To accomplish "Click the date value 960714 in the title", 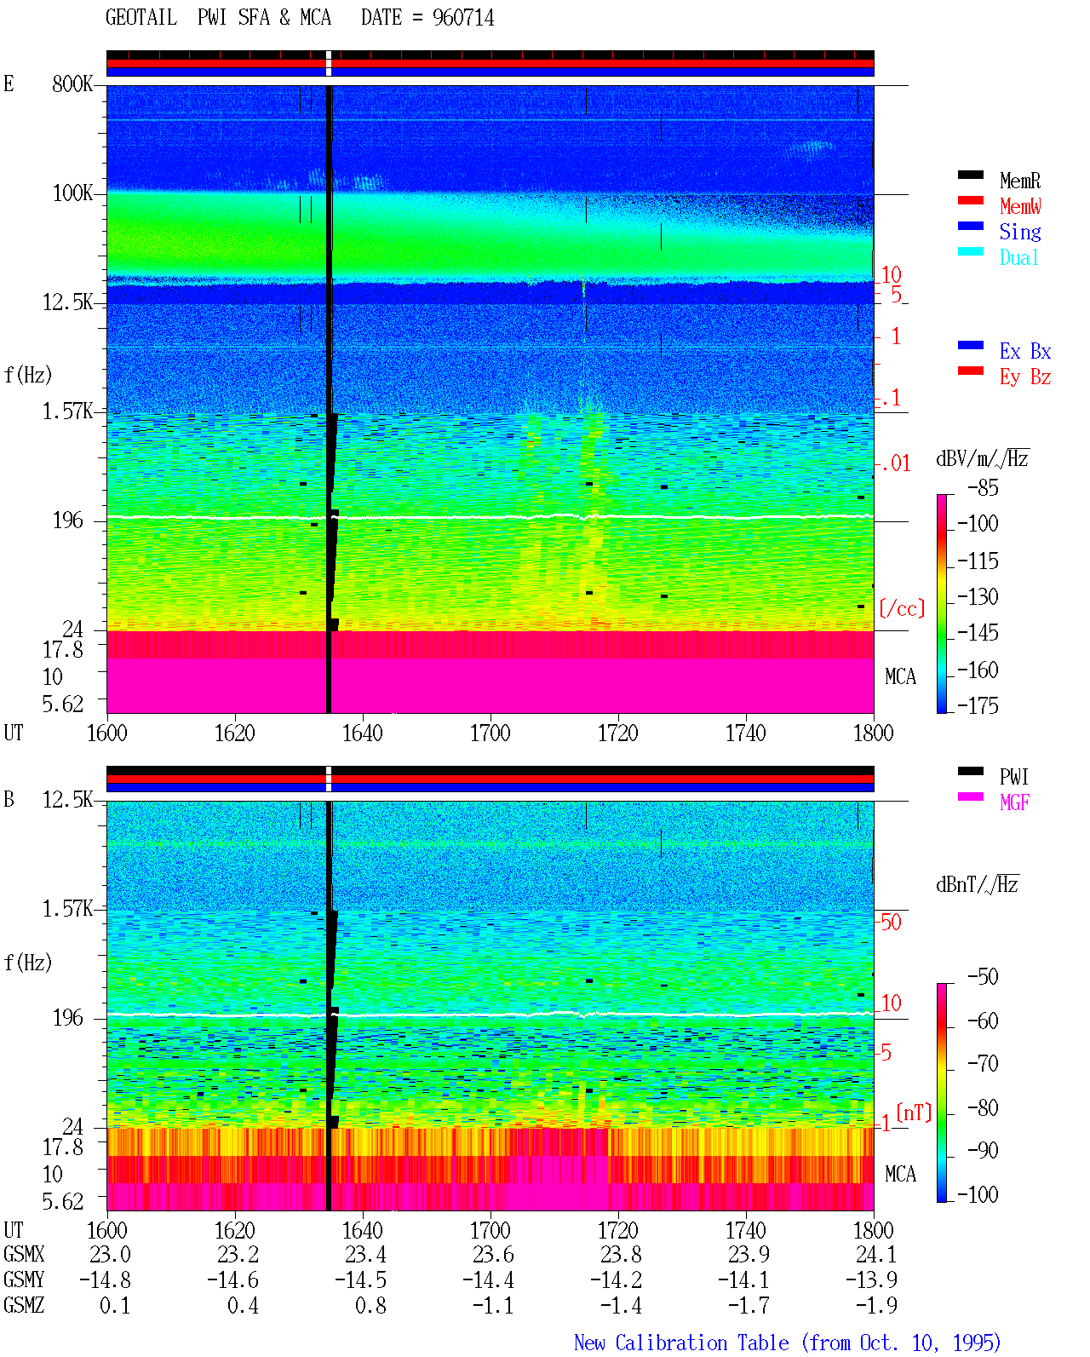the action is [x=462, y=18].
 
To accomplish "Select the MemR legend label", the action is [x=1020, y=181].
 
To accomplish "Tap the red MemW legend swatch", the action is [x=970, y=200].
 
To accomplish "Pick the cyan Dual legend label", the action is [x=1019, y=257].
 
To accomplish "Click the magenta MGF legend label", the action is [x=1014, y=802].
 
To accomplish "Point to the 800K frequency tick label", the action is [x=72, y=83].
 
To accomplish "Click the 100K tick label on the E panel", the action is [x=72, y=193].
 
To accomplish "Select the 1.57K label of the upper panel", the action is [x=67, y=411].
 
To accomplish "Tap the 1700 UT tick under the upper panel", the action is [x=490, y=733].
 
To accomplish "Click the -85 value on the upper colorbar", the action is [x=983, y=487].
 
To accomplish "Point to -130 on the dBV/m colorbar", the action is [x=978, y=596].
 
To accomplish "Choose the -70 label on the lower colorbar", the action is [x=983, y=1064].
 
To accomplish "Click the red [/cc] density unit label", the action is [x=902, y=608].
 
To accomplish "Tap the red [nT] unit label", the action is [x=914, y=1112].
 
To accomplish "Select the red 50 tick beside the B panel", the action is [x=891, y=922].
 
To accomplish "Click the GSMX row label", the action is [x=24, y=1254].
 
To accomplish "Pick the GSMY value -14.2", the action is [x=616, y=1280].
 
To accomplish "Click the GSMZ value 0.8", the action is [x=370, y=1305].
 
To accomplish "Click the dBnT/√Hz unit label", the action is [x=977, y=884].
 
